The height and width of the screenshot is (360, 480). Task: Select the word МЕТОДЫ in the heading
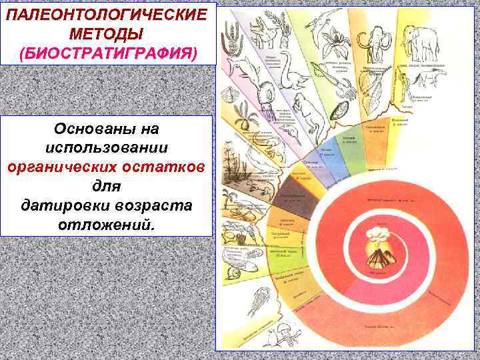(109, 33)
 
